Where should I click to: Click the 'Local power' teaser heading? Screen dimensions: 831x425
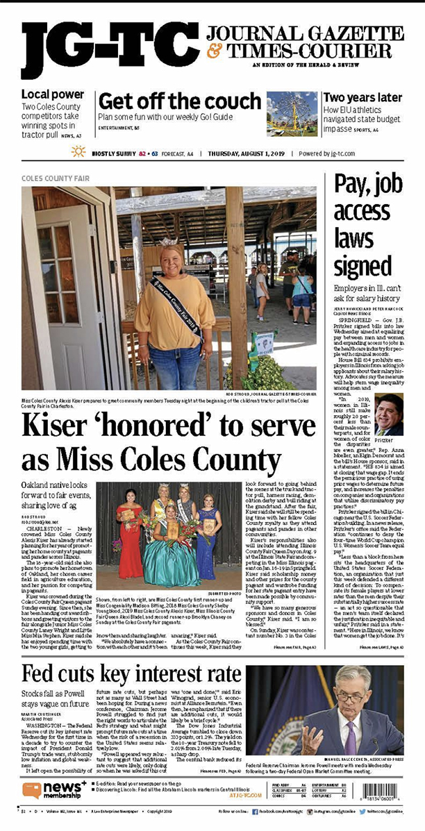coord(53,94)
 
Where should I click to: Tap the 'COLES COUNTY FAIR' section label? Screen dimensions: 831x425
coord(56,178)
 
